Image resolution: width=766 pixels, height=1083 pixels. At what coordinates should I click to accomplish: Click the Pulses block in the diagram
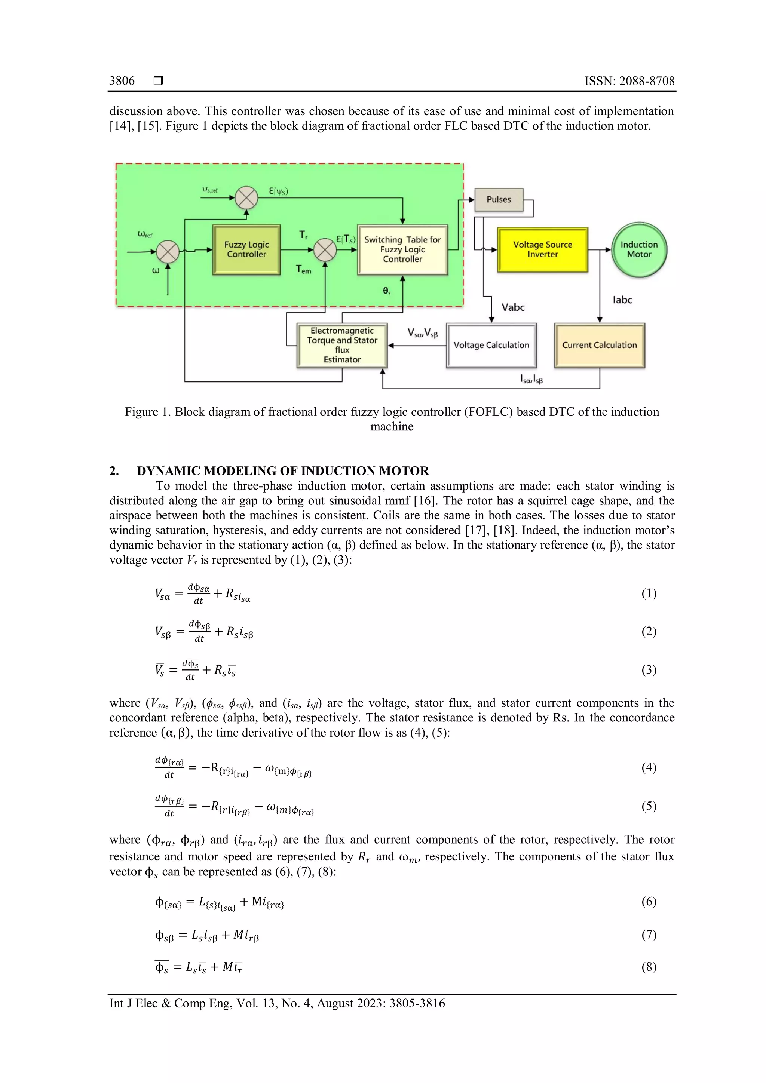pyautogui.click(x=499, y=200)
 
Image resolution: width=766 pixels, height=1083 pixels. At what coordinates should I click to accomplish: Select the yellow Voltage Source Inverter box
pyautogui.click(x=542, y=249)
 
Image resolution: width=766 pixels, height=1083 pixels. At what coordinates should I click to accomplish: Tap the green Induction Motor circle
pyautogui.click(x=639, y=249)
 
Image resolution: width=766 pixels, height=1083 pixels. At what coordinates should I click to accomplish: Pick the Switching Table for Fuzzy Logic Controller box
pyautogui.click(x=402, y=249)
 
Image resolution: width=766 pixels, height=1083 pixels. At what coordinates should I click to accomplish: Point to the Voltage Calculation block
pyautogui.click(x=491, y=345)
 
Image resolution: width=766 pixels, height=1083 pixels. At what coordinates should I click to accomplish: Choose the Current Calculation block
pyautogui.click(x=599, y=345)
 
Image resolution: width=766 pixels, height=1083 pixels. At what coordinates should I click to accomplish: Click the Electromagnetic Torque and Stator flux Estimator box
pyautogui.click(x=342, y=345)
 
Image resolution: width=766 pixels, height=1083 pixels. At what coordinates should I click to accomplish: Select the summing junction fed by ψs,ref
pyautogui.click(x=246, y=197)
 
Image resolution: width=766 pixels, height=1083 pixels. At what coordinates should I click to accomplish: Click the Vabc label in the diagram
pyautogui.click(x=513, y=307)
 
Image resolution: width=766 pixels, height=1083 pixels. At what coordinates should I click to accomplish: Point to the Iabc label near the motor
pyautogui.click(x=622, y=300)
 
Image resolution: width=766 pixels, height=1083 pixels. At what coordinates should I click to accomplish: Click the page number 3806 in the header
pyautogui.click(x=122, y=81)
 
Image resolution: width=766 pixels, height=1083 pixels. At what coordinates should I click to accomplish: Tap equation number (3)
pyautogui.click(x=649, y=670)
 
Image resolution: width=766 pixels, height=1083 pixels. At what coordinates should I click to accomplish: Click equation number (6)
pyautogui.click(x=649, y=901)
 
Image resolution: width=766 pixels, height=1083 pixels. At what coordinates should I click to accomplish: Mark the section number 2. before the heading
pyautogui.click(x=114, y=471)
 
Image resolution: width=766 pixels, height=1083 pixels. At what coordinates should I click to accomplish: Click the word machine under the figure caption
pyautogui.click(x=392, y=426)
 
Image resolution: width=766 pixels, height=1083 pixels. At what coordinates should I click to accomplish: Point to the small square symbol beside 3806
pyautogui.click(x=159, y=81)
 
